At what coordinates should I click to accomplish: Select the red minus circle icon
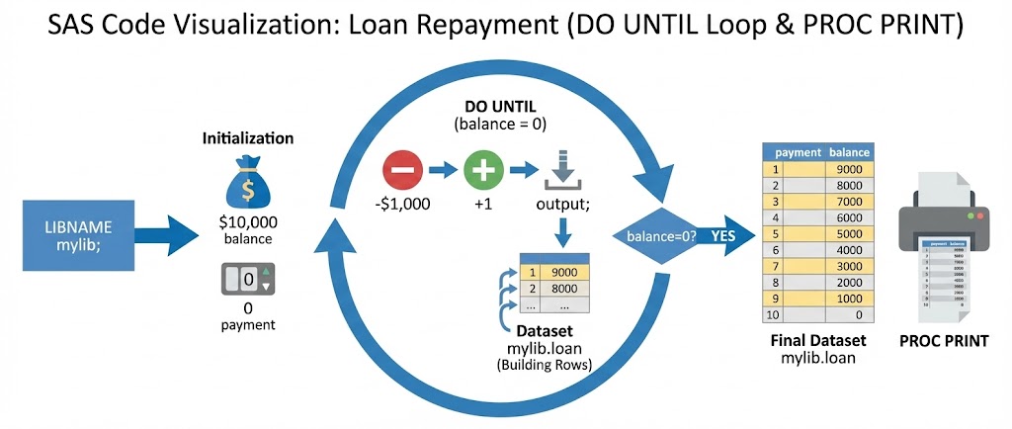(401, 171)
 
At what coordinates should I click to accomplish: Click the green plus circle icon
(483, 171)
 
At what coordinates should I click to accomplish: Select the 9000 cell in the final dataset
(849, 170)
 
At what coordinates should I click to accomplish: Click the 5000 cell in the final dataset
(849, 233)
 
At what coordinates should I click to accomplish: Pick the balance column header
(849, 153)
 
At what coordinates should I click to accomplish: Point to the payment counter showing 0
(247, 280)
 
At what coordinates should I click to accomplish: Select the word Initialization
(247, 138)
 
